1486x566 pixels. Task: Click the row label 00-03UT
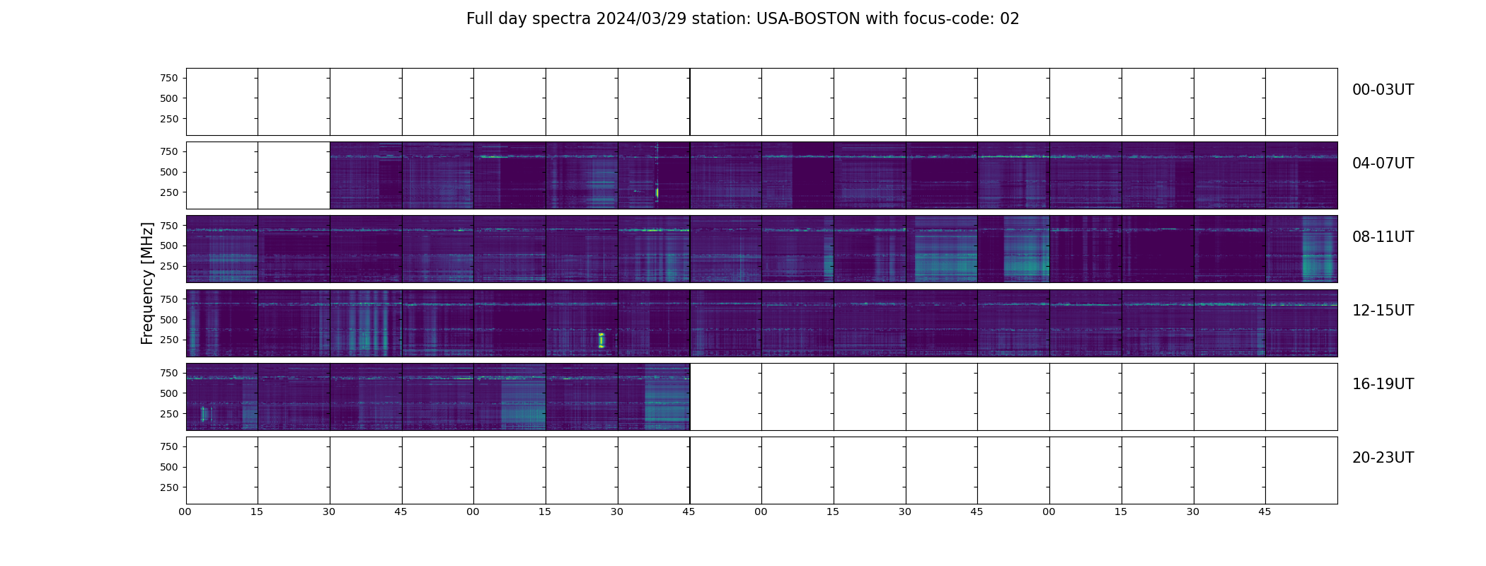coord(1383,90)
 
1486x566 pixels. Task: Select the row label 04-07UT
coord(1383,163)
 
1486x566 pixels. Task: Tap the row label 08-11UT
coord(1383,237)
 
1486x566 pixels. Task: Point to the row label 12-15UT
coord(1383,311)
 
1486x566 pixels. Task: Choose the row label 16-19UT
coord(1383,384)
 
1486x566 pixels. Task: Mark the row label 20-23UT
coord(1383,458)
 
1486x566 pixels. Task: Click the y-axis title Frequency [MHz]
coord(147,283)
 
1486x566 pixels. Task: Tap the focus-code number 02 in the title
coord(1010,19)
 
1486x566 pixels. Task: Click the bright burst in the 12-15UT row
coord(601,340)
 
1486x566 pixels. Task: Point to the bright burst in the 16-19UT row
coord(203,414)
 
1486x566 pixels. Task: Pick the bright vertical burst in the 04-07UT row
coord(657,192)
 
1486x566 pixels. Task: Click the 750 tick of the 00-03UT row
coord(169,78)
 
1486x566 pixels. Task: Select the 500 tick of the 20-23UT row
coord(169,467)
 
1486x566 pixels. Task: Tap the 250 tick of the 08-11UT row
coord(169,267)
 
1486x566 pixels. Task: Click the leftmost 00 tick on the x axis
coord(185,512)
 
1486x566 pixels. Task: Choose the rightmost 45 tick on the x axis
coord(1265,512)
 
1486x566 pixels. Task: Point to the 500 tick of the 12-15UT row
coord(169,320)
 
